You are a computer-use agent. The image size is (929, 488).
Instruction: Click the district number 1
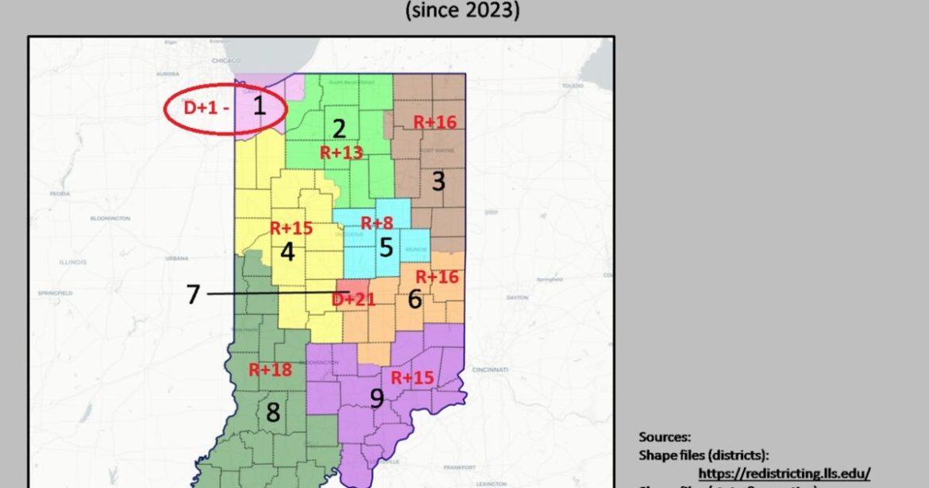[x=259, y=105]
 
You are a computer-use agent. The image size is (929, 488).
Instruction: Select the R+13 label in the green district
[x=341, y=153]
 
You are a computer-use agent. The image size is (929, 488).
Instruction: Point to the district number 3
[x=438, y=181]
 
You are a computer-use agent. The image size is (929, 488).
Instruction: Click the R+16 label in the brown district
[x=435, y=122]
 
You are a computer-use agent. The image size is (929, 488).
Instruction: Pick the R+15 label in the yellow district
[x=291, y=228]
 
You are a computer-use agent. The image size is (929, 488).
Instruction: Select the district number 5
[x=386, y=247]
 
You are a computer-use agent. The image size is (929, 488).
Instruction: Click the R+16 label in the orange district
[x=438, y=277]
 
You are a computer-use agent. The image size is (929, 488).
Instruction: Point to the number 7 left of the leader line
[x=193, y=294]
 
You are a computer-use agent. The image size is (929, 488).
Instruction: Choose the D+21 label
[x=353, y=300]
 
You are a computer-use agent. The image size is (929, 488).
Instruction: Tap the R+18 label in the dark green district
[x=270, y=370]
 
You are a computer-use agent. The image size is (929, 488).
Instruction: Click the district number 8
[x=272, y=412]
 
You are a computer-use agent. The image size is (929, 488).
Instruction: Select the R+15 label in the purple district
[x=412, y=378]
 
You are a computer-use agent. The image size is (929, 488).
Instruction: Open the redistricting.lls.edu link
[x=784, y=471]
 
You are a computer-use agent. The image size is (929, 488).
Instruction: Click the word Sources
[x=665, y=436]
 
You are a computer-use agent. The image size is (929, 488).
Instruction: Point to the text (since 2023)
[x=462, y=11]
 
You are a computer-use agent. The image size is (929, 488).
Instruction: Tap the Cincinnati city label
[x=489, y=370]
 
